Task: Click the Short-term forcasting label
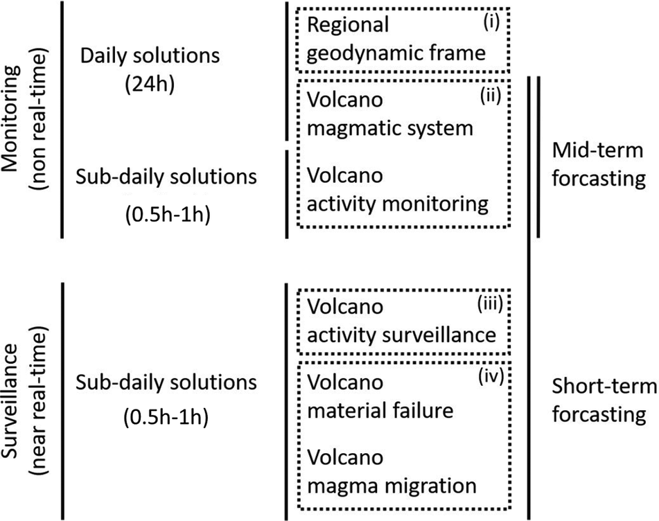click(598, 400)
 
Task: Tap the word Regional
click(348, 25)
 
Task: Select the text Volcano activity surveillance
click(401, 320)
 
